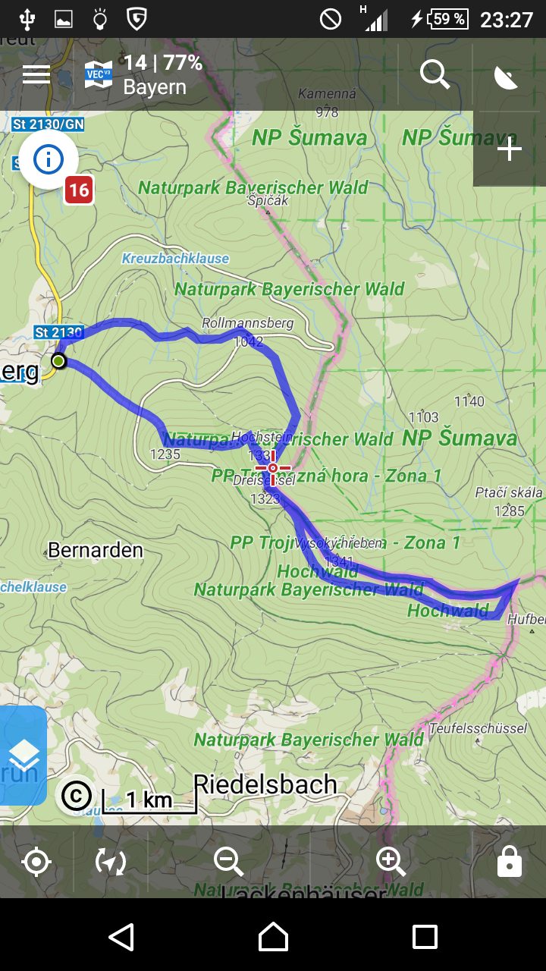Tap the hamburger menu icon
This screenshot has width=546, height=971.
(36, 74)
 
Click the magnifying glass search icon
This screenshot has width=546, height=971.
(435, 74)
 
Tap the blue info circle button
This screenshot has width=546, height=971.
(49, 159)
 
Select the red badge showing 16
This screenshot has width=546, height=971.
(78, 190)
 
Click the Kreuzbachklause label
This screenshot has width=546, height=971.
(175, 259)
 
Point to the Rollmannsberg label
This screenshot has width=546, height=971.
(247, 323)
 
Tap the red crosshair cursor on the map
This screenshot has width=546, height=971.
(272, 468)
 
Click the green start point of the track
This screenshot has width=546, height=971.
(58, 361)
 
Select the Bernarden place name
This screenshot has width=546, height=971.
(95, 550)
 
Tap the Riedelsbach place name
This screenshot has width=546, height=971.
(265, 784)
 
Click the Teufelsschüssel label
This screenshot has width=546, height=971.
(478, 728)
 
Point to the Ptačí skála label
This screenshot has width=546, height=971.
(509, 493)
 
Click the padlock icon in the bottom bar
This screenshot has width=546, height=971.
(509, 862)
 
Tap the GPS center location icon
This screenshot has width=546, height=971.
(36, 863)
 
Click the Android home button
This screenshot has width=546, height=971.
(273, 937)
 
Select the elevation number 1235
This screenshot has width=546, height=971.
(165, 454)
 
